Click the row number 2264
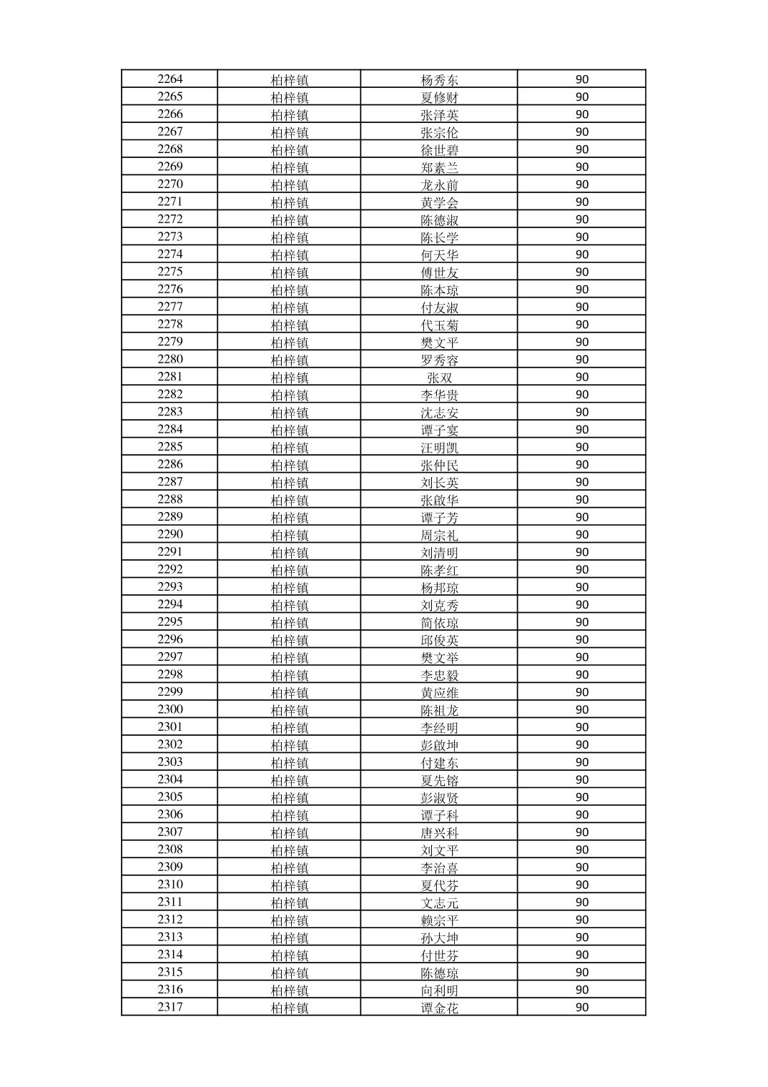coord(170,79)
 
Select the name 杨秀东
coord(439,80)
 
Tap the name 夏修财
coord(439,97)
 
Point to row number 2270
coord(170,185)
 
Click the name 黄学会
coord(439,202)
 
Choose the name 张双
coord(439,378)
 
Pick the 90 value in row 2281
coord(581,378)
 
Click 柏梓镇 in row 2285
coord(290,448)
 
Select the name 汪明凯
coord(439,448)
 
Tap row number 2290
coord(170,535)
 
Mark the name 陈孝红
coord(439,570)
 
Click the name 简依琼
coord(439,623)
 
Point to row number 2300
coord(170,710)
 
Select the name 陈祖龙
coord(439,710)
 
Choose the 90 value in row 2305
coord(581,797)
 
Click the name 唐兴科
coord(439,832)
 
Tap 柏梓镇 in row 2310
coord(290,885)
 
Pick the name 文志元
coord(439,902)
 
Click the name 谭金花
coord(439,1008)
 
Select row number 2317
coord(170,1008)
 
